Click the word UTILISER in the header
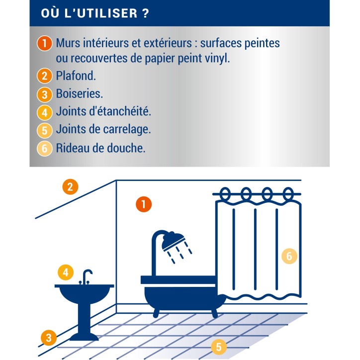point(107,13)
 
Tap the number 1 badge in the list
point(45,43)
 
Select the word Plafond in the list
point(75,76)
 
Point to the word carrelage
point(125,129)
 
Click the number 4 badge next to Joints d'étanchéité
point(45,112)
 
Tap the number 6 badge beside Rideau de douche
point(45,149)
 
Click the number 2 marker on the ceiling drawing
point(70,187)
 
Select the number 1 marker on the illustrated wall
point(144,204)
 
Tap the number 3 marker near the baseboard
point(49,338)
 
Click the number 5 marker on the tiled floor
point(219,347)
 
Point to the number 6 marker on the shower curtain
point(289,256)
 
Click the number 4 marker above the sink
point(66,272)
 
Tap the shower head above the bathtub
point(174,241)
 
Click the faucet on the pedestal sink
point(86,277)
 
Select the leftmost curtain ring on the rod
point(225,194)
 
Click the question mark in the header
point(146,13)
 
